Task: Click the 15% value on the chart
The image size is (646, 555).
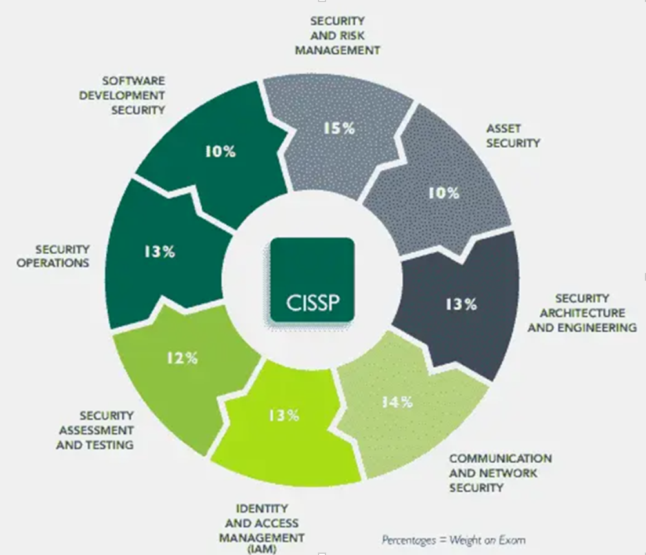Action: click(x=339, y=128)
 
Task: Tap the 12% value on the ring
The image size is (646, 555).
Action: click(x=182, y=358)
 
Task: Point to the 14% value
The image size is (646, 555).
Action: click(x=396, y=402)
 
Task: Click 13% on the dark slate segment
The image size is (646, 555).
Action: click(x=461, y=304)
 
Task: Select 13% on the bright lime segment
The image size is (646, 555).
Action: click(x=284, y=415)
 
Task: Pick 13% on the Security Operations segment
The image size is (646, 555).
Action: click(x=159, y=252)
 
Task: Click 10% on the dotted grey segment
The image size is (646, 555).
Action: click(x=444, y=192)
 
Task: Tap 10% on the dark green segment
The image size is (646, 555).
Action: click(x=220, y=152)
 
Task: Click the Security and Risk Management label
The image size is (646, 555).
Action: click(x=337, y=35)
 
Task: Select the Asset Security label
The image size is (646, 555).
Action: click(x=513, y=136)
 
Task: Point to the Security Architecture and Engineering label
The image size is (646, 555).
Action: click(x=582, y=313)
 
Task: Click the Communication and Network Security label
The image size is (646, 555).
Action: click(x=500, y=472)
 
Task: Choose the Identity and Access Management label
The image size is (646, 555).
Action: click(x=261, y=523)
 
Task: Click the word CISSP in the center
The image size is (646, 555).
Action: click(x=312, y=302)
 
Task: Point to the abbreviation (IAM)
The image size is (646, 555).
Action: click(x=261, y=550)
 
